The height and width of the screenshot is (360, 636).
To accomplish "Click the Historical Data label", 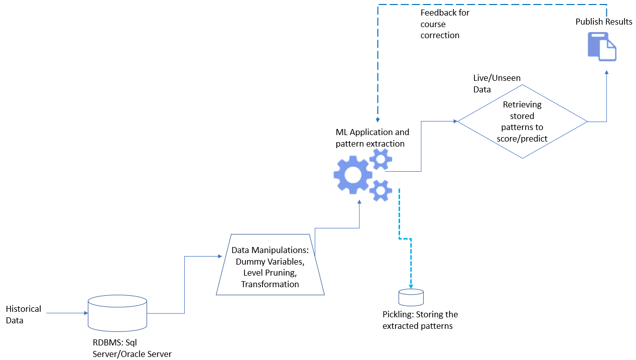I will (23, 314).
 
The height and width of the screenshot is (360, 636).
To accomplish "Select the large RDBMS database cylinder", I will (117, 313).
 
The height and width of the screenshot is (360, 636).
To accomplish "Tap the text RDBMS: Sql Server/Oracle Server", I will (132, 348).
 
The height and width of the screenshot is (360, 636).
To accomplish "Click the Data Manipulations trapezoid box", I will (270, 264).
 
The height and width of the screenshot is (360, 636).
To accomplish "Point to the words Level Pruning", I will (270, 273).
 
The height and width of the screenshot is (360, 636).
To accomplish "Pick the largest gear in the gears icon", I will (353, 174).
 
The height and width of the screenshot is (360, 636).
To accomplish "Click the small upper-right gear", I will (380, 159).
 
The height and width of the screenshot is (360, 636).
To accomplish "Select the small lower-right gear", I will (380, 190).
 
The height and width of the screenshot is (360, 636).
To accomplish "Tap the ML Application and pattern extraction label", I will (372, 138).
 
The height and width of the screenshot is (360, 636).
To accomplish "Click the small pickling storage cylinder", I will (411, 297).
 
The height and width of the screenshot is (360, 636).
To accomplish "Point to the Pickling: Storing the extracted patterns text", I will (420, 320).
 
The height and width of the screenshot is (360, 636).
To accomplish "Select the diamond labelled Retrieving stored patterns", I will (522, 122).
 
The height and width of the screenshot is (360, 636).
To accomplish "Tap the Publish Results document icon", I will (602, 47).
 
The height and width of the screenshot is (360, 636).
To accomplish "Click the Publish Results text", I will (604, 22).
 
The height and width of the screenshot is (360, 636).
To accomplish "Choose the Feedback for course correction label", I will (445, 24).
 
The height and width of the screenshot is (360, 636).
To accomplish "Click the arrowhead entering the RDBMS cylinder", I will (85, 313).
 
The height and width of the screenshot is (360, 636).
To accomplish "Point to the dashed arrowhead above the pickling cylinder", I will (411, 287).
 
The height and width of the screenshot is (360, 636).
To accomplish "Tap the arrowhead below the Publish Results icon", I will (606, 73).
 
